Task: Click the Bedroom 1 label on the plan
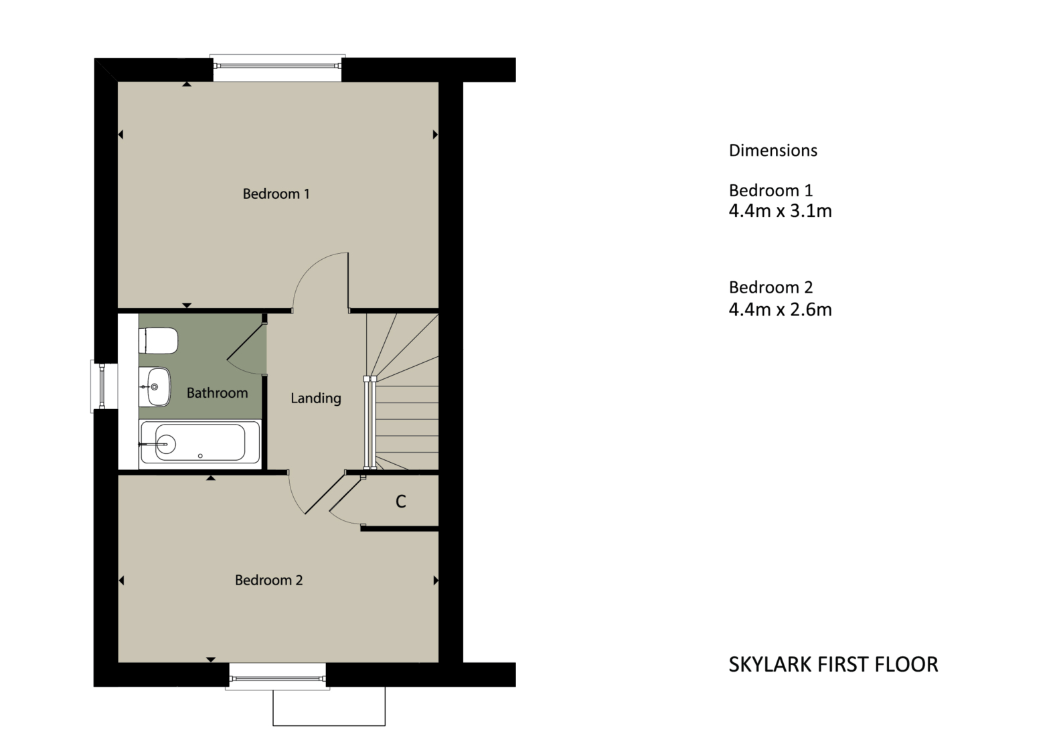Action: [276, 194]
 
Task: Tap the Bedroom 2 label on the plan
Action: [268, 581]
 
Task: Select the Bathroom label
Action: [217, 393]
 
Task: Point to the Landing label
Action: [315, 398]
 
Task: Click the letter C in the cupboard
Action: [400, 502]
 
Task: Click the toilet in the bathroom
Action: [159, 340]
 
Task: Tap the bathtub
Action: [199, 443]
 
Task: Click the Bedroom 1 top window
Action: [277, 65]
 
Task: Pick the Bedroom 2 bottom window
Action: [277, 680]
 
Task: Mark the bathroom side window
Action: [101, 386]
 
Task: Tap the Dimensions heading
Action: [772, 151]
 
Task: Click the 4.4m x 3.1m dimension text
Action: [780, 212]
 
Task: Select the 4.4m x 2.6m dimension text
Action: [780, 309]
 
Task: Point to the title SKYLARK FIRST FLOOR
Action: [833, 664]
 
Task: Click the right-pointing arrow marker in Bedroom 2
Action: [436, 581]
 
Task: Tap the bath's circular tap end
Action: [165, 443]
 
